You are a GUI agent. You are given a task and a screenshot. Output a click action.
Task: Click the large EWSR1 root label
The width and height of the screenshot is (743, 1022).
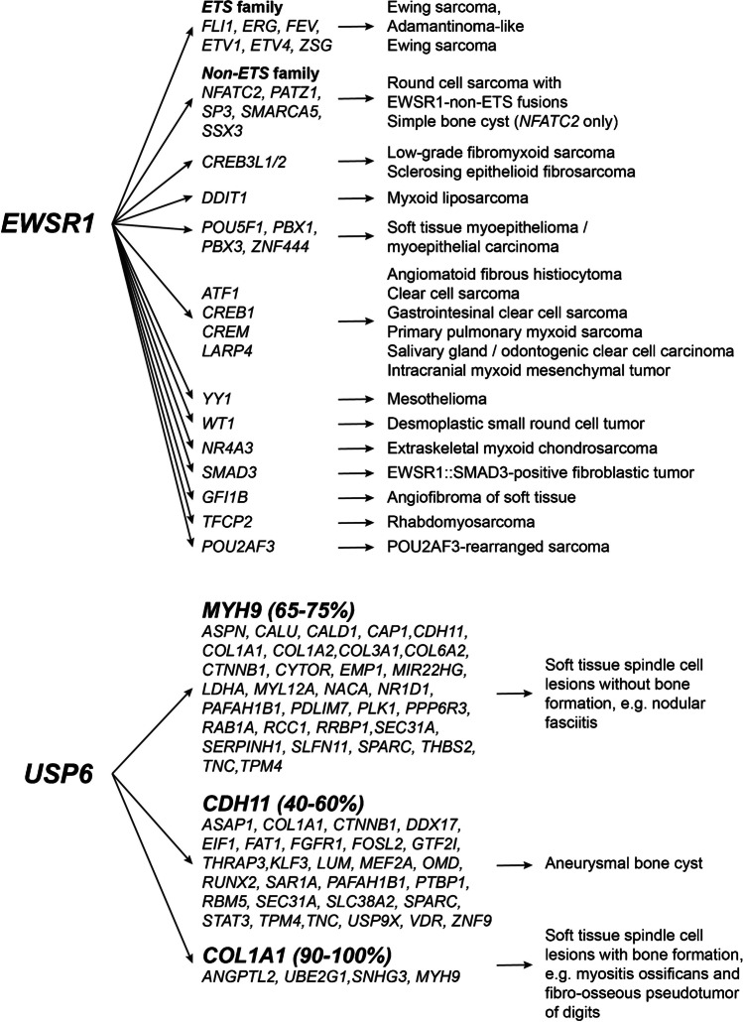pyautogui.click(x=48, y=223)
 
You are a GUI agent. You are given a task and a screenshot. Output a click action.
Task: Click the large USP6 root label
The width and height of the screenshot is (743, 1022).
pyautogui.click(x=59, y=774)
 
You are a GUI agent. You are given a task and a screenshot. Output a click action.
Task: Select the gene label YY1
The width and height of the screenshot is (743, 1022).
pyautogui.click(x=216, y=398)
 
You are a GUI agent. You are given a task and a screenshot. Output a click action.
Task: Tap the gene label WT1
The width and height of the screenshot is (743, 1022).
pyautogui.click(x=218, y=423)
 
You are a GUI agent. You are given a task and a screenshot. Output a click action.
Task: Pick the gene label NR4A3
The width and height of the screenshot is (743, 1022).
pyautogui.click(x=227, y=447)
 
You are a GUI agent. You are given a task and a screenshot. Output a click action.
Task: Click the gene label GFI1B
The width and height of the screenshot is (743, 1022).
pyautogui.click(x=225, y=497)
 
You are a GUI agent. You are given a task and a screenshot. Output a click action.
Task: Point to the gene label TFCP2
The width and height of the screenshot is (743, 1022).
pyautogui.click(x=227, y=522)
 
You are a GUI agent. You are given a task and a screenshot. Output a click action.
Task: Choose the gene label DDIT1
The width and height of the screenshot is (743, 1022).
pyautogui.click(x=225, y=197)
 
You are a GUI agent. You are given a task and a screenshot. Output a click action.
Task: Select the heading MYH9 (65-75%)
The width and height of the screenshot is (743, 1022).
pyautogui.click(x=279, y=610)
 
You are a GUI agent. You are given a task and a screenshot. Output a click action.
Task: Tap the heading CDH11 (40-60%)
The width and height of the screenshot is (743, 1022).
pyautogui.click(x=284, y=803)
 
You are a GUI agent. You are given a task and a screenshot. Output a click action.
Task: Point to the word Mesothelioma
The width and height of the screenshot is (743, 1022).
pyautogui.click(x=436, y=398)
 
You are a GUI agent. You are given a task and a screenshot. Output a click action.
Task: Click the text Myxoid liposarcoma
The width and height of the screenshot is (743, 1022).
pyautogui.click(x=457, y=197)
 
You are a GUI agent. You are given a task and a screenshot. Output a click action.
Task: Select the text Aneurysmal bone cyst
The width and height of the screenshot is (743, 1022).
pyautogui.click(x=624, y=863)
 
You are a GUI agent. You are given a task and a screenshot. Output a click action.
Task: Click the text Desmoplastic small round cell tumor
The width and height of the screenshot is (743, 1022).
pyautogui.click(x=516, y=423)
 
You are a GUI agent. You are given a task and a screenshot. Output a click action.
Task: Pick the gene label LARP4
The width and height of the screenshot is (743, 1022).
pyautogui.click(x=218, y=350)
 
